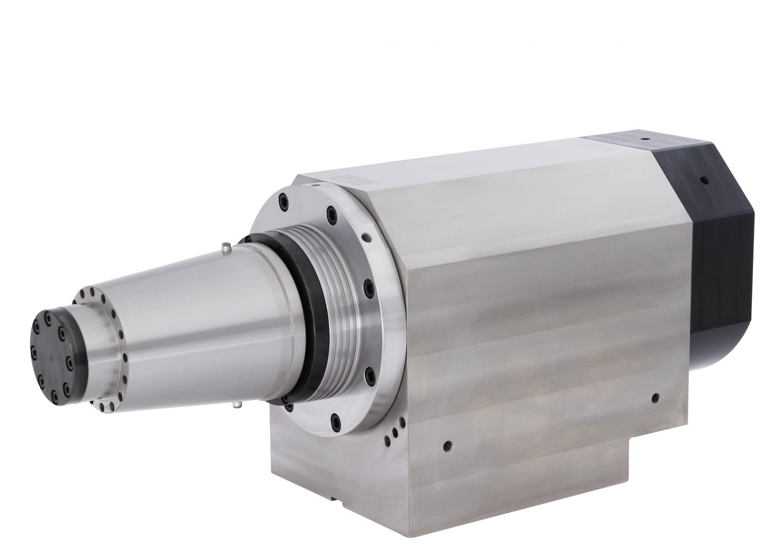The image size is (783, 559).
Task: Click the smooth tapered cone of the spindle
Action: coord(184,316)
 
